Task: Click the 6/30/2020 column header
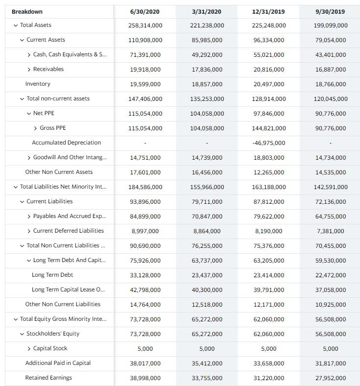point(145,12)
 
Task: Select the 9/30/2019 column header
point(330,12)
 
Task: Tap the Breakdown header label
point(27,12)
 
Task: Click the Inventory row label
point(38,84)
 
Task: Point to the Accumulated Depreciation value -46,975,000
point(268,143)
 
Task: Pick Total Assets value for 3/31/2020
point(206,25)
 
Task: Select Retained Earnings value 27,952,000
point(330,378)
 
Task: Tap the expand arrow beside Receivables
point(29,69)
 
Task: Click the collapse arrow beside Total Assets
point(16,25)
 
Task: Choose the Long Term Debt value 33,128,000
point(145,275)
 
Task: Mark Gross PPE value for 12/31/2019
point(268,128)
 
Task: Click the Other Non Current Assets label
point(59,172)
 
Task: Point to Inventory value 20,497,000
point(268,84)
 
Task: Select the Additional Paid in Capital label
point(58,363)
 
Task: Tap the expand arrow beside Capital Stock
point(29,348)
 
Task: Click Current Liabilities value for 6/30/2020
point(145,202)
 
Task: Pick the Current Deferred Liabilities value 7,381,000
point(330,231)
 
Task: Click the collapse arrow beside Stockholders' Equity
point(22,334)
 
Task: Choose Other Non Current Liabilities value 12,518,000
point(206,305)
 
